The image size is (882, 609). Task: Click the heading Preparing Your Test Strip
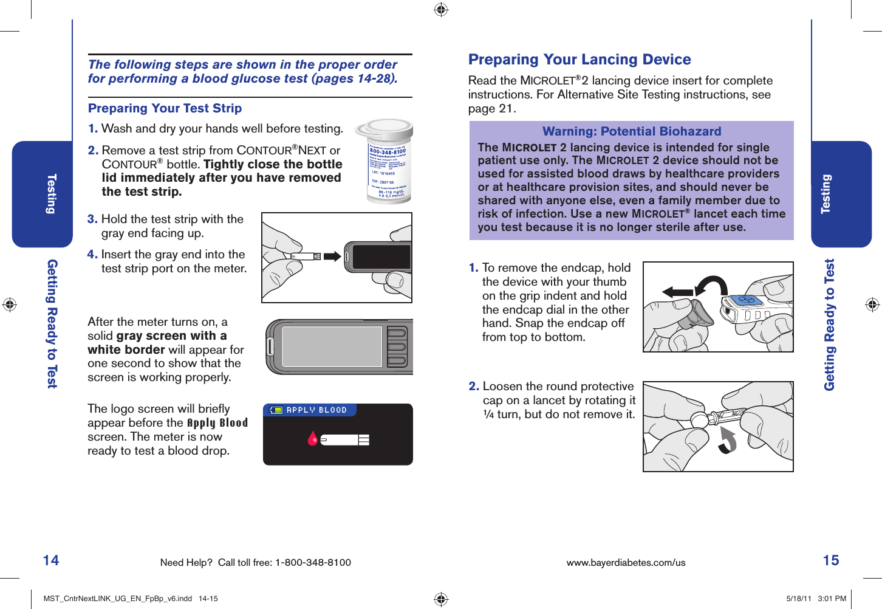click(165, 108)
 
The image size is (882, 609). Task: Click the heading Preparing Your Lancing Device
click(579, 60)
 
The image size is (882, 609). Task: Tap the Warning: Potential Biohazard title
click(631, 131)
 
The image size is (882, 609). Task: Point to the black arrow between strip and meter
click(332, 256)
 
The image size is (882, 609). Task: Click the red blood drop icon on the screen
click(312, 439)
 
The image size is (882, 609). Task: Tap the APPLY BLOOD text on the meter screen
click(316, 410)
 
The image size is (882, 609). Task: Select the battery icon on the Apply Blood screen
click(276, 410)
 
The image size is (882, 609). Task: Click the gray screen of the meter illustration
click(332, 346)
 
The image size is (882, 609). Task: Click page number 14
click(51, 560)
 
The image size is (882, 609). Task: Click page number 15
click(830, 560)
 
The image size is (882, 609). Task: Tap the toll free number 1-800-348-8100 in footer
click(313, 563)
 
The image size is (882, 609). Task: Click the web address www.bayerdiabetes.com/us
click(626, 563)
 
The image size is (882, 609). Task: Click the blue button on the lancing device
click(747, 301)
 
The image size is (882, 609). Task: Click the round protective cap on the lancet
click(699, 420)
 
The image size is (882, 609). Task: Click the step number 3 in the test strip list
click(92, 219)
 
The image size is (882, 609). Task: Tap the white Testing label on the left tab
click(52, 194)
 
